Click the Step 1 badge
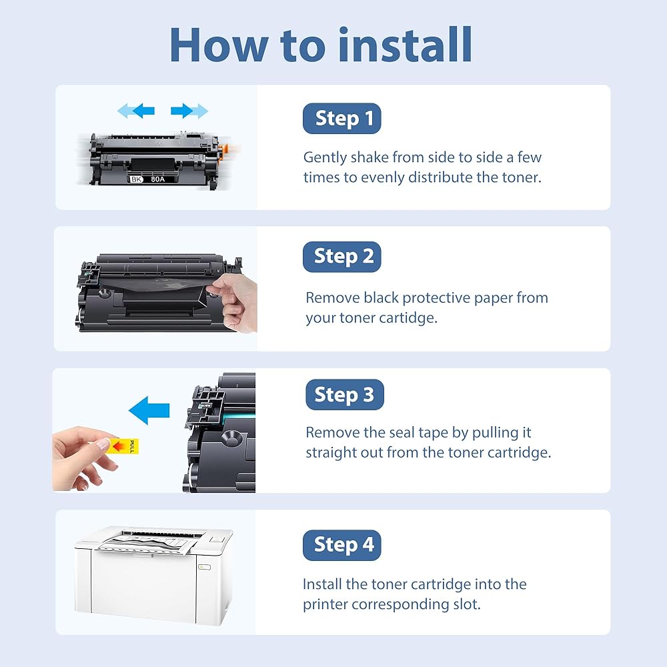(x=342, y=118)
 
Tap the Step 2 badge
(x=342, y=257)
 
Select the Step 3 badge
(x=345, y=394)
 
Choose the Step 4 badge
(x=342, y=545)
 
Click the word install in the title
(x=405, y=45)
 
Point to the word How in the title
(x=219, y=45)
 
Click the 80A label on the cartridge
(x=158, y=179)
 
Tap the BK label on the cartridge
(x=136, y=179)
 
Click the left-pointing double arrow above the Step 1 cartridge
(x=135, y=111)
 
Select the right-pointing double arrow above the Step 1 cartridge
(x=189, y=111)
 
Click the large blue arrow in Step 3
(x=149, y=410)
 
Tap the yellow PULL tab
(x=123, y=446)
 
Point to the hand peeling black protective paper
(x=233, y=302)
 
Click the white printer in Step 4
(x=153, y=575)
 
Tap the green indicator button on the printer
(x=205, y=566)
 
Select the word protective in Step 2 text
(x=436, y=298)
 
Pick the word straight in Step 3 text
(x=331, y=453)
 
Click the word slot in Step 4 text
(x=467, y=604)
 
